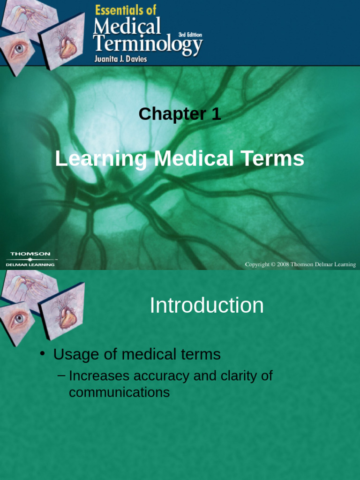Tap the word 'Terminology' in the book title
148,45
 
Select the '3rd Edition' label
190,35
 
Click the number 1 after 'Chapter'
216,114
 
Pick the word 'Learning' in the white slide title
101,159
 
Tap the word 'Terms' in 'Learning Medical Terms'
276,159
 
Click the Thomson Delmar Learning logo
31,259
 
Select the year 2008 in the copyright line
283,264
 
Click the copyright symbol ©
272,264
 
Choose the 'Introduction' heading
206,306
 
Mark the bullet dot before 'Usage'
42,352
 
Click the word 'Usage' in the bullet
75,354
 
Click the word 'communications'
119,392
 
